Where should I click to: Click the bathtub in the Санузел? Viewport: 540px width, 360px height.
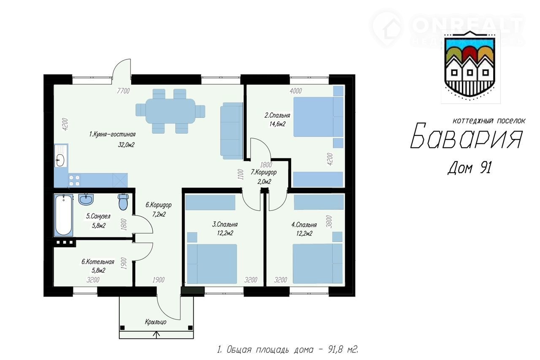click(x=64, y=215)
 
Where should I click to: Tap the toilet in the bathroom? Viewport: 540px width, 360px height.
click(x=123, y=202)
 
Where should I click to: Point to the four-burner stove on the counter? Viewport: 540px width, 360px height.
click(x=74, y=180)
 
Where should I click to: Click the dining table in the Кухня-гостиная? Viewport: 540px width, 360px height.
click(x=170, y=111)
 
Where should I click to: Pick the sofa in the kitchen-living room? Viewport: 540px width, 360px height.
click(x=231, y=131)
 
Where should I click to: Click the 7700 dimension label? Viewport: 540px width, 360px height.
click(x=123, y=91)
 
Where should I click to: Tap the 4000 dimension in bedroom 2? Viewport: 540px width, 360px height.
click(x=296, y=91)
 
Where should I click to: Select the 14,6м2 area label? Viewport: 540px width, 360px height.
click(x=278, y=124)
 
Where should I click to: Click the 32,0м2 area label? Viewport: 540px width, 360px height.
click(x=126, y=145)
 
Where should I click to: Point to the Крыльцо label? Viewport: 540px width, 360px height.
click(x=156, y=322)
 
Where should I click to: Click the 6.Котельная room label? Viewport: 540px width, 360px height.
click(x=97, y=262)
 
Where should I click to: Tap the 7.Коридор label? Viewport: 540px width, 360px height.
click(x=264, y=172)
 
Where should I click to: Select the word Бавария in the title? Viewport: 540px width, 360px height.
click(x=467, y=136)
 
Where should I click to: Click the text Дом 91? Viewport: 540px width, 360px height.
click(x=470, y=168)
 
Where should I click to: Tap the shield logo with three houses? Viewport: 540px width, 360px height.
click(x=470, y=67)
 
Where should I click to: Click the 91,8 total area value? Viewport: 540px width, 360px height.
click(x=335, y=350)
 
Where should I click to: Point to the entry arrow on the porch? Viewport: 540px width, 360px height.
click(x=157, y=336)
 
